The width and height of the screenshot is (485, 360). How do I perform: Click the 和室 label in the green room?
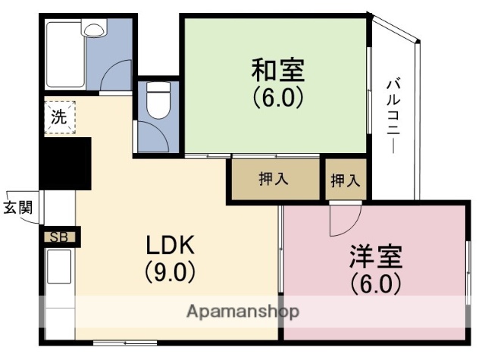point(278,70)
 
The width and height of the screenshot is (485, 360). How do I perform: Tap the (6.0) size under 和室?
point(278,98)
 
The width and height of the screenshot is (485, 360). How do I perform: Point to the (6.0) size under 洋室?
point(375,283)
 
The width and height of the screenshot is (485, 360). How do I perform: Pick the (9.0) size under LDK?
point(171,271)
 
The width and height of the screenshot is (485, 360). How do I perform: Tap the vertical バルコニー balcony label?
point(393,114)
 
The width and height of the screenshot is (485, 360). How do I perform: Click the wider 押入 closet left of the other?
point(274,180)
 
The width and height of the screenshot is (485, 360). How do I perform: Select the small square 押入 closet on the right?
point(345,180)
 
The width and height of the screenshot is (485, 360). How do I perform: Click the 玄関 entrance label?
point(17,208)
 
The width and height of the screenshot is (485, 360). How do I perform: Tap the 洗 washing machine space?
point(58,117)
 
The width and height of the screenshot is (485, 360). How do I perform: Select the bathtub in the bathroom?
point(64,55)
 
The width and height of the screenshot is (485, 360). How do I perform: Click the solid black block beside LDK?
point(66,162)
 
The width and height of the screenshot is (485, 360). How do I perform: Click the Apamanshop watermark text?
point(242,311)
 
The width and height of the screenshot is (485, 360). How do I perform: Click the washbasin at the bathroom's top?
point(95,30)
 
